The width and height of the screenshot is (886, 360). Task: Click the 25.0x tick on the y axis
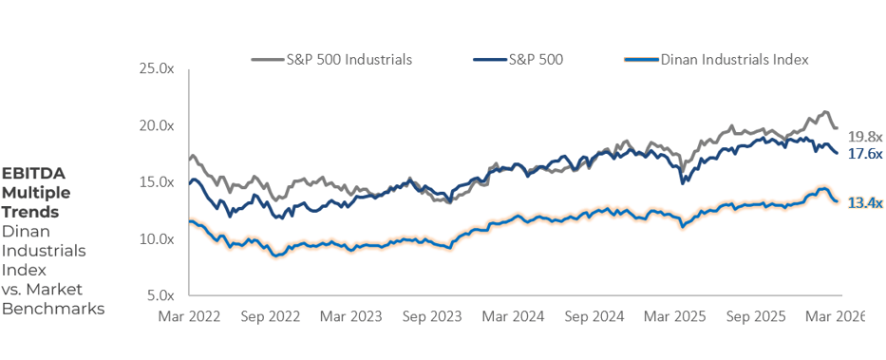coord(157,69)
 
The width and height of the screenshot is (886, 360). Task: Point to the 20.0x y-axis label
coord(157,125)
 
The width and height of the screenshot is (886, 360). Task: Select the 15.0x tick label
coord(157,181)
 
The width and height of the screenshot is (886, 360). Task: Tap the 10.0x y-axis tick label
coord(157,238)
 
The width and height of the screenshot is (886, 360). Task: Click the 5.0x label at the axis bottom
coord(160,294)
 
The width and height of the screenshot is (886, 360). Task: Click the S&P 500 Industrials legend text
coord(349,59)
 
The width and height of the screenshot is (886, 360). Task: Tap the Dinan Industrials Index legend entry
coord(734,59)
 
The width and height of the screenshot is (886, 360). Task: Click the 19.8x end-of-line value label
coord(865,137)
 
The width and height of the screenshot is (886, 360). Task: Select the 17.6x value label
coord(865,153)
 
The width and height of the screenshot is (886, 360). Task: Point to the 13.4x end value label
coord(865,202)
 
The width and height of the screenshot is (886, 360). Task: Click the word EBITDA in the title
coord(33,174)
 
